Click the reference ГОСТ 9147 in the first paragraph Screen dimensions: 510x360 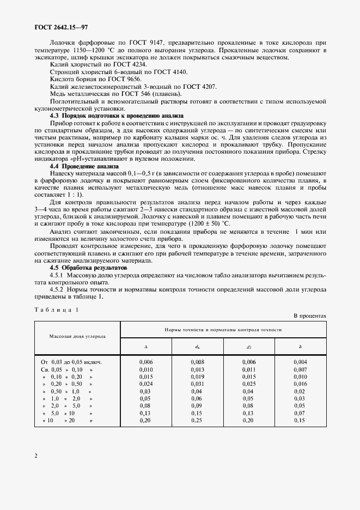(x=150, y=42)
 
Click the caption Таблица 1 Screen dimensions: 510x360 (x=57, y=309)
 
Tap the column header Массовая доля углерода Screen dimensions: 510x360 (x=77, y=336)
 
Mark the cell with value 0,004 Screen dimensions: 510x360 (x=300, y=362)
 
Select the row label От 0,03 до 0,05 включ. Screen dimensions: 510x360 (x=72, y=362)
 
